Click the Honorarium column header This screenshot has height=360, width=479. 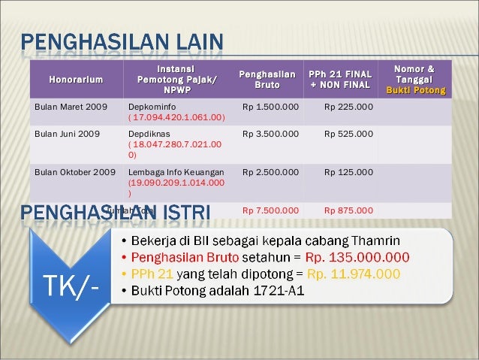click(76, 79)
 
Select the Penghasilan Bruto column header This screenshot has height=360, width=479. click(267, 79)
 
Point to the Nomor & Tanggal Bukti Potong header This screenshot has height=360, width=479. click(414, 79)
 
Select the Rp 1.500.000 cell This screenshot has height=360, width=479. click(270, 107)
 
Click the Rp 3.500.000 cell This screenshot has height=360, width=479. click(270, 134)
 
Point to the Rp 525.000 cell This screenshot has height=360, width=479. click(348, 134)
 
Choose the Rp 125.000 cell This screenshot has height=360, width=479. click(348, 173)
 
